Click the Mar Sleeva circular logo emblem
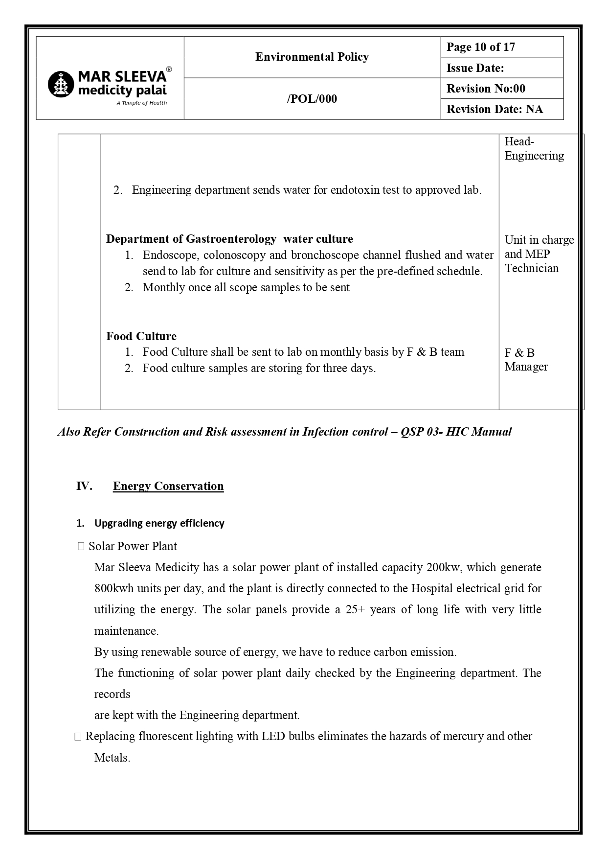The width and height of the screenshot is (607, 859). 61,84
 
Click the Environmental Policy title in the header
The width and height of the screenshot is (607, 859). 312,57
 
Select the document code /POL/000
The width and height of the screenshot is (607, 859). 312,99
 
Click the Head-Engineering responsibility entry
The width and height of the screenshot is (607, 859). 534,148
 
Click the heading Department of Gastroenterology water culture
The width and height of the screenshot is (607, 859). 229,239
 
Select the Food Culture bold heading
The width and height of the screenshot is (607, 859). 141,336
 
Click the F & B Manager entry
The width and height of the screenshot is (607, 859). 526,360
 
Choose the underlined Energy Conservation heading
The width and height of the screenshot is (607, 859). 168,486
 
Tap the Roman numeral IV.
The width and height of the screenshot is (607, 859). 84,486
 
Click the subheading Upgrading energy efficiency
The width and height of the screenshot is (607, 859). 159,523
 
